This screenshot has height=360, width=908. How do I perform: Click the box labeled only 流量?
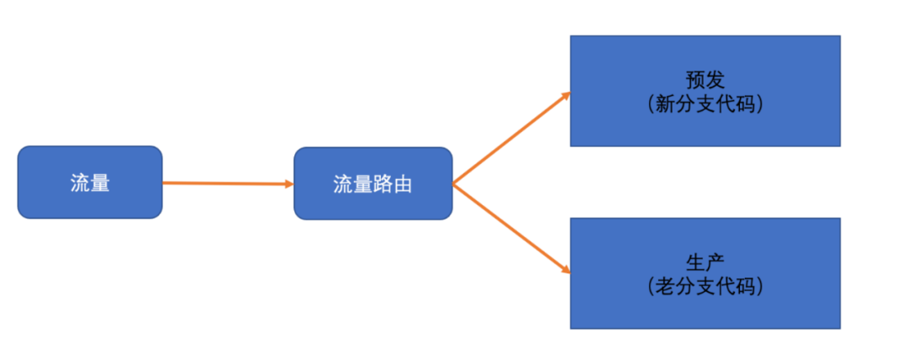pyautogui.click(x=89, y=183)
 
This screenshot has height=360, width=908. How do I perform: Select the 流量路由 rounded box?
pyautogui.click(x=372, y=184)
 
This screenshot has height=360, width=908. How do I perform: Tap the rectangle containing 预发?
pyautogui.click(x=705, y=91)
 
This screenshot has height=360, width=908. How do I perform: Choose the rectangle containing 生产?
pyautogui.click(x=705, y=273)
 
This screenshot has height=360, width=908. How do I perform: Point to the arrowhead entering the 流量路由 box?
pyautogui.click(x=288, y=183)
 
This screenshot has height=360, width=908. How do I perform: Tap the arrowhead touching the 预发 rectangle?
pyautogui.click(x=566, y=94)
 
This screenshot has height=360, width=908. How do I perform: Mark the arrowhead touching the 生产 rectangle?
pyautogui.click(x=566, y=271)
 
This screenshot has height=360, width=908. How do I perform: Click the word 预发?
pyautogui.click(x=705, y=80)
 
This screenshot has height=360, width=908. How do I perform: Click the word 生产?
pyautogui.click(x=705, y=262)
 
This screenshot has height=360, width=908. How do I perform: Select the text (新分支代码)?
pyautogui.click(x=705, y=104)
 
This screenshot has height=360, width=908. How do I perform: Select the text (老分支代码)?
pyautogui.click(x=705, y=286)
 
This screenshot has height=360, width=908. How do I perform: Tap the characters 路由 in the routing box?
pyautogui.click(x=392, y=184)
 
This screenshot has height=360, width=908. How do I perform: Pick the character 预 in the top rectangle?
pyautogui.click(x=695, y=80)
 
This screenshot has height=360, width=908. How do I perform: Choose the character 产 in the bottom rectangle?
pyautogui.click(x=715, y=262)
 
